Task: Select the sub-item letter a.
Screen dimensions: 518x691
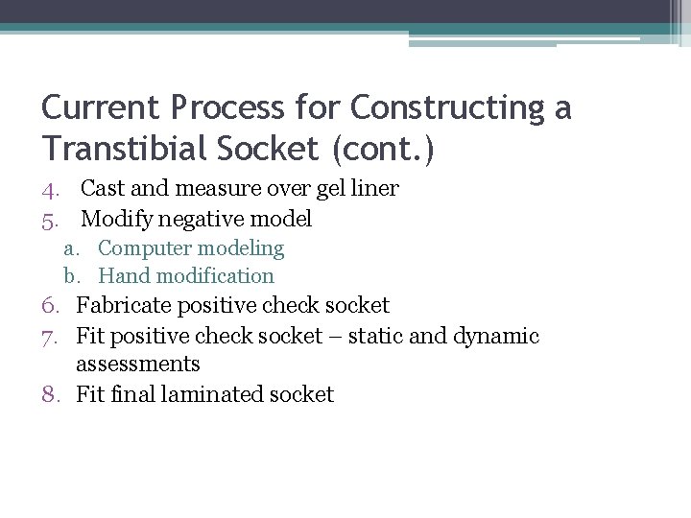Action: click(x=72, y=248)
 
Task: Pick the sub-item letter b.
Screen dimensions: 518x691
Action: click(x=72, y=276)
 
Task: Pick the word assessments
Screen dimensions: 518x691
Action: click(x=138, y=365)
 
